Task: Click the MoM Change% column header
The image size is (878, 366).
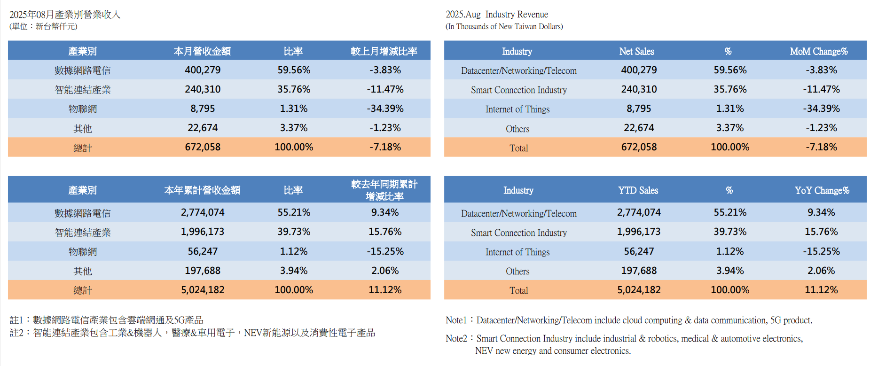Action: click(x=818, y=51)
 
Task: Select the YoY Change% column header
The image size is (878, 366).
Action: click(x=822, y=190)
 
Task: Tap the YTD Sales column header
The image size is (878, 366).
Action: click(x=638, y=190)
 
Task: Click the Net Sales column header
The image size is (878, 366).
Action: click(x=636, y=51)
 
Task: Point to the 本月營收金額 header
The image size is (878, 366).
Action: click(x=202, y=51)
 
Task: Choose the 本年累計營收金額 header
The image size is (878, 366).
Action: click(x=202, y=190)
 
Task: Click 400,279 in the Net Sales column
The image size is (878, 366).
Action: click(x=639, y=70)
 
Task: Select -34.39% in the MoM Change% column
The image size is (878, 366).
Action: click(x=821, y=109)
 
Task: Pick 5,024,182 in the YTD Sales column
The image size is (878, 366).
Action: click(x=639, y=290)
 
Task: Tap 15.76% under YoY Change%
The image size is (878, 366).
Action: click(x=821, y=232)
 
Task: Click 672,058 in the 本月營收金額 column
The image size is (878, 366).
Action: click(x=203, y=147)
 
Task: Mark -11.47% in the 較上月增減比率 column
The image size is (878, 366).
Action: click(x=385, y=89)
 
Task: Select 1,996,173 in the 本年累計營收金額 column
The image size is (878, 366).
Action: click(x=203, y=232)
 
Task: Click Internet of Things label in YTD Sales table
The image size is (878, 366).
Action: click(x=517, y=252)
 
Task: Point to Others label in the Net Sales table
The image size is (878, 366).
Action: click(x=517, y=129)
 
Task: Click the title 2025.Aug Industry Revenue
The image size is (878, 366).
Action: click(x=497, y=15)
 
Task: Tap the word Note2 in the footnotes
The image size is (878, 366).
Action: click(x=456, y=338)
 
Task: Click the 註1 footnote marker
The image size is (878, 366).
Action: click(x=16, y=320)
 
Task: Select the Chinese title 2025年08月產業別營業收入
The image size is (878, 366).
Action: click(x=65, y=15)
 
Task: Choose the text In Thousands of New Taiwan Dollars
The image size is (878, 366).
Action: click(x=504, y=27)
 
